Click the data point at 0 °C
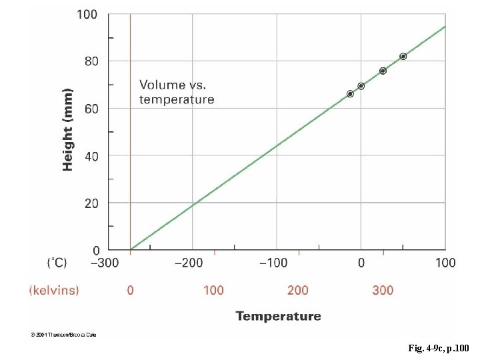click(x=361, y=86)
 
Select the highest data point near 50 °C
click(x=403, y=57)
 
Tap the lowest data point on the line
click(x=350, y=94)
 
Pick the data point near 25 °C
click(x=383, y=71)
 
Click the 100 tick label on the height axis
click(x=87, y=14)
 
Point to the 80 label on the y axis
click(x=91, y=61)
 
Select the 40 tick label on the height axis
click(x=91, y=155)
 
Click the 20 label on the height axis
click(x=91, y=203)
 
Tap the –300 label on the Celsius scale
click(x=104, y=263)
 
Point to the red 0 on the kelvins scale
click(x=130, y=290)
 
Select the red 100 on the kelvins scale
click(x=213, y=290)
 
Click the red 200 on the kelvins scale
click(x=298, y=290)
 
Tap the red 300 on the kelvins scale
click(x=383, y=290)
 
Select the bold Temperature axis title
click(x=278, y=316)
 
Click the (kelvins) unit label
click(x=53, y=290)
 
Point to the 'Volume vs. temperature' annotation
click(x=177, y=92)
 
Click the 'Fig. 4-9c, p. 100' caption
click(x=438, y=348)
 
